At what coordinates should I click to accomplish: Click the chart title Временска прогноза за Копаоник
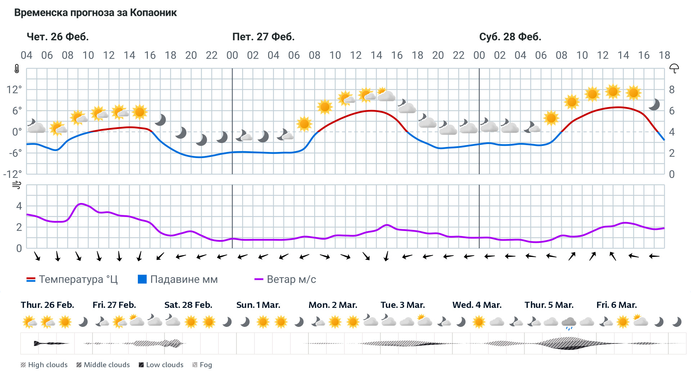click(95, 13)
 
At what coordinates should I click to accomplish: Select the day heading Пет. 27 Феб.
click(263, 37)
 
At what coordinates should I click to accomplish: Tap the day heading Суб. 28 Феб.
click(510, 37)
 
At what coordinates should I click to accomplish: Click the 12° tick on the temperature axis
click(14, 89)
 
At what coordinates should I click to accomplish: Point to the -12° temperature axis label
click(13, 174)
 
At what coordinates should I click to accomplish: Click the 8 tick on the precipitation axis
click(672, 89)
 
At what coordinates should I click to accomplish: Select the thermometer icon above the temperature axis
click(17, 69)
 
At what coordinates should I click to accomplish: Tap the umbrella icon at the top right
click(674, 69)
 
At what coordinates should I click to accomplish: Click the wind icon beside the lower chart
click(17, 185)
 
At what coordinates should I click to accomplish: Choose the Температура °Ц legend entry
click(72, 280)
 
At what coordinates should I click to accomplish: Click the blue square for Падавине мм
click(142, 279)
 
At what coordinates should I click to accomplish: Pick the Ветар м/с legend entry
click(285, 280)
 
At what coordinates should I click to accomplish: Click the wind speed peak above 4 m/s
click(81, 204)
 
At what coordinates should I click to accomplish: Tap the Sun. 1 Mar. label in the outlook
click(258, 305)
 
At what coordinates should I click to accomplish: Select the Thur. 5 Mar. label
click(549, 305)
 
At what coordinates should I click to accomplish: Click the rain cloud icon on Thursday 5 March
click(569, 323)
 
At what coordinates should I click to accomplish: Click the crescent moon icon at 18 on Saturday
click(654, 105)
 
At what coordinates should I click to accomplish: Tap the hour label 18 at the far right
click(664, 55)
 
